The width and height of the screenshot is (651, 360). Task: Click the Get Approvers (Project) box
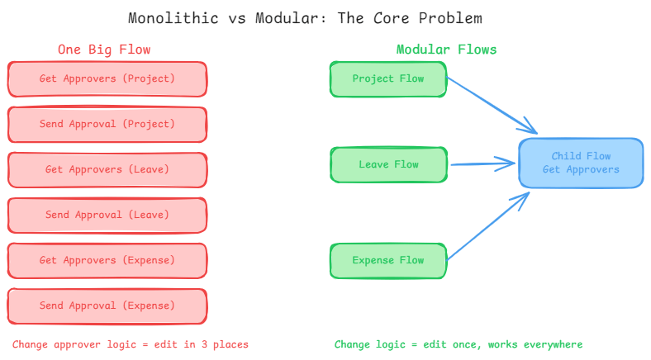pos(107,79)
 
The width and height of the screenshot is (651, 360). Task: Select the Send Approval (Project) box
pos(107,125)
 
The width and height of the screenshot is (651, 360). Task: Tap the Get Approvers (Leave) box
pos(107,169)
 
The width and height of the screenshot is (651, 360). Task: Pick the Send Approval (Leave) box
pos(107,216)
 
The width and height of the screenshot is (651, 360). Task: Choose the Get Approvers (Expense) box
pos(107,260)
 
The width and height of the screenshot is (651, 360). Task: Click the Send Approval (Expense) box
pos(107,306)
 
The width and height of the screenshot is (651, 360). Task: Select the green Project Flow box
pos(388,79)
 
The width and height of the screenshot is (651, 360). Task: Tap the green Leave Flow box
pos(388,164)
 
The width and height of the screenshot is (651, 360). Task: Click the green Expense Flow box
pos(388,260)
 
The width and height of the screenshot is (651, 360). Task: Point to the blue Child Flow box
pos(581,163)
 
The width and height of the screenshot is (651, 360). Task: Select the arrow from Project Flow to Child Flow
pos(492,106)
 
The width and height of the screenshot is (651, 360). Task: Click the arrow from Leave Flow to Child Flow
pos(482,163)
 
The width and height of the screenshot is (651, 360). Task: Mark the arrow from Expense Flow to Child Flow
pos(488,226)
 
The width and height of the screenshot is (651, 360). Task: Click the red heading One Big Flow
pos(104,50)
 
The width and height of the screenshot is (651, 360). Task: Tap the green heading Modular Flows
pos(446,50)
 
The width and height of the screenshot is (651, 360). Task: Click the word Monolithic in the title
pos(173,18)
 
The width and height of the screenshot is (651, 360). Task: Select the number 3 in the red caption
pos(204,344)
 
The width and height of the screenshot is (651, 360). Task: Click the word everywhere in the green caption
pos(553,344)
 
